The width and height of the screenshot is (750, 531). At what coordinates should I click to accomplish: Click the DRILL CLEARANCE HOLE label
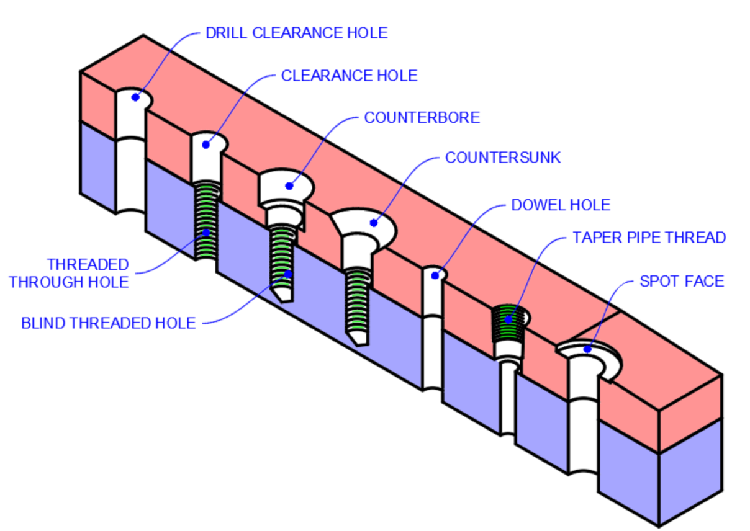pos(296,33)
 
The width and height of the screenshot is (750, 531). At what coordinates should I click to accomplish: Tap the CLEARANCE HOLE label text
pos(349,76)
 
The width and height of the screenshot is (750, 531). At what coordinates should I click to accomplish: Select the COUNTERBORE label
pos(422,117)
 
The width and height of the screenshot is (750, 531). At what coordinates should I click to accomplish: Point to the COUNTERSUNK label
pos(502,158)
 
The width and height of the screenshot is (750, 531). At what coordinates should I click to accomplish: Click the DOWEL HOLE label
pos(561,205)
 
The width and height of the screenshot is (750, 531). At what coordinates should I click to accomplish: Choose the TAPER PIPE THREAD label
pos(649,238)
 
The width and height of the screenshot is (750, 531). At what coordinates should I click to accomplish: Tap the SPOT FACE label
pos(682,282)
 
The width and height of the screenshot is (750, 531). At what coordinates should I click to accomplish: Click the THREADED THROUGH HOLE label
pos(70,274)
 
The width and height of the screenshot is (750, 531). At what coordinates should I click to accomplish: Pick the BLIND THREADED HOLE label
pos(109,323)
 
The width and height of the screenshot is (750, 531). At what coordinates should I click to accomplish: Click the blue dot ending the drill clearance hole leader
pos(135,97)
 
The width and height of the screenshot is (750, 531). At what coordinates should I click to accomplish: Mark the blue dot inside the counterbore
pos(289,185)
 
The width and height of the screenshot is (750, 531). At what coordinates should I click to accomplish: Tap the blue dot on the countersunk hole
pos(373,222)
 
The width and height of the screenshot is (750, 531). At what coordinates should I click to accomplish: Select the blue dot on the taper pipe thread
pos(508,320)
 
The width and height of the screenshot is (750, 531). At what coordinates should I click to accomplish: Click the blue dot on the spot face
pos(587,350)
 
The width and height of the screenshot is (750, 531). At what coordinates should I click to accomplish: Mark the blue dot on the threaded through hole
pos(206,233)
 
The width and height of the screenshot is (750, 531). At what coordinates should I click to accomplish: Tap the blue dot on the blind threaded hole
pos(287,273)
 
